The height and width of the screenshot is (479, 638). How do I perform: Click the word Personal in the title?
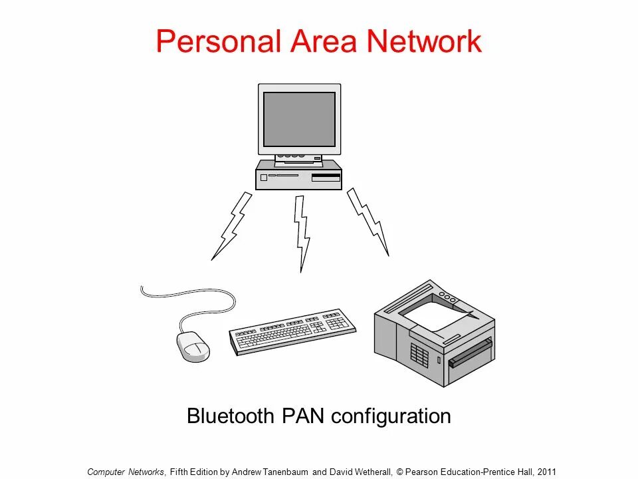(x=219, y=41)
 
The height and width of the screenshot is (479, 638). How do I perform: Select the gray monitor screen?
(x=299, y=119)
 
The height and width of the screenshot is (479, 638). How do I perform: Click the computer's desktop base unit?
(x=298, y=176)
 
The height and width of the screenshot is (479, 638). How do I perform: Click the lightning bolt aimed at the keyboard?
(x=302, y=232)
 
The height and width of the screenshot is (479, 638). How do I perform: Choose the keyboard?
(x=292, y=331)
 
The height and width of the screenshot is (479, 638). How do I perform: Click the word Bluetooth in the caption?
(x=230, y=416)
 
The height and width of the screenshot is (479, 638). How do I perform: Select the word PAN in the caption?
(x=303, y=416)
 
